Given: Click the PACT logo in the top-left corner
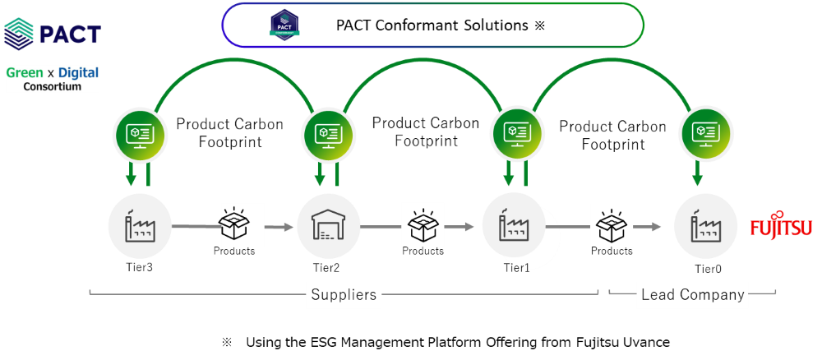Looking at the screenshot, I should (x=53, y=33).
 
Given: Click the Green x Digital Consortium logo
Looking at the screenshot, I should (x=53, y=79).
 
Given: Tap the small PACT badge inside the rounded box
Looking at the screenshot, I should (x=284, y=25).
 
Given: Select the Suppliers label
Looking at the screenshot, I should (x=344, y=294).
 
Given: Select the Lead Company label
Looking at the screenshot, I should (x=692, y=294).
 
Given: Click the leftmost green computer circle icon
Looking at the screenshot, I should (x=140, y=134).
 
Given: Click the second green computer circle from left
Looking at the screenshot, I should (x=329, y=134).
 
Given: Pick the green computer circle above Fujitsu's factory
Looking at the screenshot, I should (x=706, y=134).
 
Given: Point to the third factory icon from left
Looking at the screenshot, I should (x=515, y=224).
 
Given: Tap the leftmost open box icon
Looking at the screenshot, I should (x=242, y=224).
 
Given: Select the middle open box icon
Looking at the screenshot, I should (x=423, y=224).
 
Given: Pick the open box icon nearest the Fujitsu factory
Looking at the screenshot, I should (x=612, y=224).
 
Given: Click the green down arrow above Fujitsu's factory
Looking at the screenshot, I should (x=697, y=173).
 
